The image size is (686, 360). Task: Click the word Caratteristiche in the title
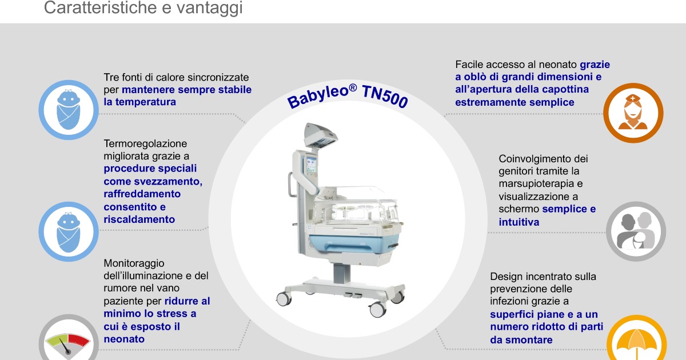pyautogui.click(x=101, y=7)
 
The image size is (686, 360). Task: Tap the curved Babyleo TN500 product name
pyautogui.click(x=348, y=94)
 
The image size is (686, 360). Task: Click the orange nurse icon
pyautogui.click(x=633, y=113)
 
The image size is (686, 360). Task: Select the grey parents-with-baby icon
pyautogui.click(x=636, y=231)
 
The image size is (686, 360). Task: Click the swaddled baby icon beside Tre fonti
pyautogui.click(x=69, y=110)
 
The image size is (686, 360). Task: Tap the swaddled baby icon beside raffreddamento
pyautogui.click(x=69, y=231)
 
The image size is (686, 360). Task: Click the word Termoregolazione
pyautogui.click(x=145, y=143)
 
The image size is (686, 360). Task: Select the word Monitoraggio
pyautogui.click(x=134, y=263)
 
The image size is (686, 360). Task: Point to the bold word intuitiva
pyautogui.click(x=519, y=222)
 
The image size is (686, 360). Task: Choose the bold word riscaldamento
pyautogui.click(x=139, y=219)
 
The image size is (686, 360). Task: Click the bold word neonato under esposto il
pyautogui.click(x=124, y=339)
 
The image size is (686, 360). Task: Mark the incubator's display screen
pyautogui.click(x=311, y=165)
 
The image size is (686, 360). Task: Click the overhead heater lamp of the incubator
pyautogui.click(x=321, y=135)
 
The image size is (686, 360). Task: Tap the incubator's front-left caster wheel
pyautogui.click(x=284, y=298)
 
